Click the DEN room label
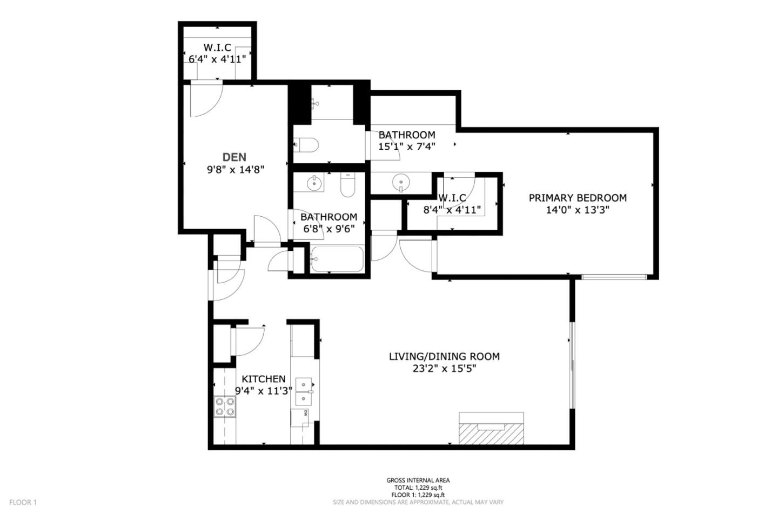234,157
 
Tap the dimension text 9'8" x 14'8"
235,169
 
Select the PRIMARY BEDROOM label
578,198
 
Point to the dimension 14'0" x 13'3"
578,210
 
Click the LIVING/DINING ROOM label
444,356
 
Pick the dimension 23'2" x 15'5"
444,369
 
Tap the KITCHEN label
263,379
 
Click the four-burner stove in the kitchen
225,406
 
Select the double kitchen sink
304,392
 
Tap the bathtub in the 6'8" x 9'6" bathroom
337,259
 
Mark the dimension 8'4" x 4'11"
453,210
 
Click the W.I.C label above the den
217,48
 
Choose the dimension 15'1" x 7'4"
407,146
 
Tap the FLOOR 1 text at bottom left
23,502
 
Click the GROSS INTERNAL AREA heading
418,480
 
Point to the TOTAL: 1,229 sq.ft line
418,488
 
